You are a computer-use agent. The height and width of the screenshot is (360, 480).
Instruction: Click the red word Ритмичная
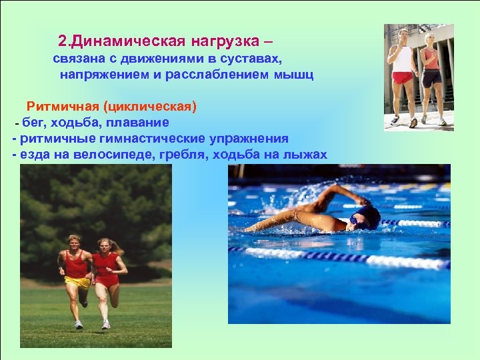pos(58,107)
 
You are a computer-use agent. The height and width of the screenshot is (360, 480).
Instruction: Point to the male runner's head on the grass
pos(74,241)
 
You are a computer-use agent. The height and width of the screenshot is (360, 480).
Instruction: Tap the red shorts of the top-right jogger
pos(402,77)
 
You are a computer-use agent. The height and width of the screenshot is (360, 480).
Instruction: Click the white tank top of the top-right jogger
pos(403,58)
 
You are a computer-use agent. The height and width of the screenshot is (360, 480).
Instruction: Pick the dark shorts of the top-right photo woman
pos(432,78)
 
